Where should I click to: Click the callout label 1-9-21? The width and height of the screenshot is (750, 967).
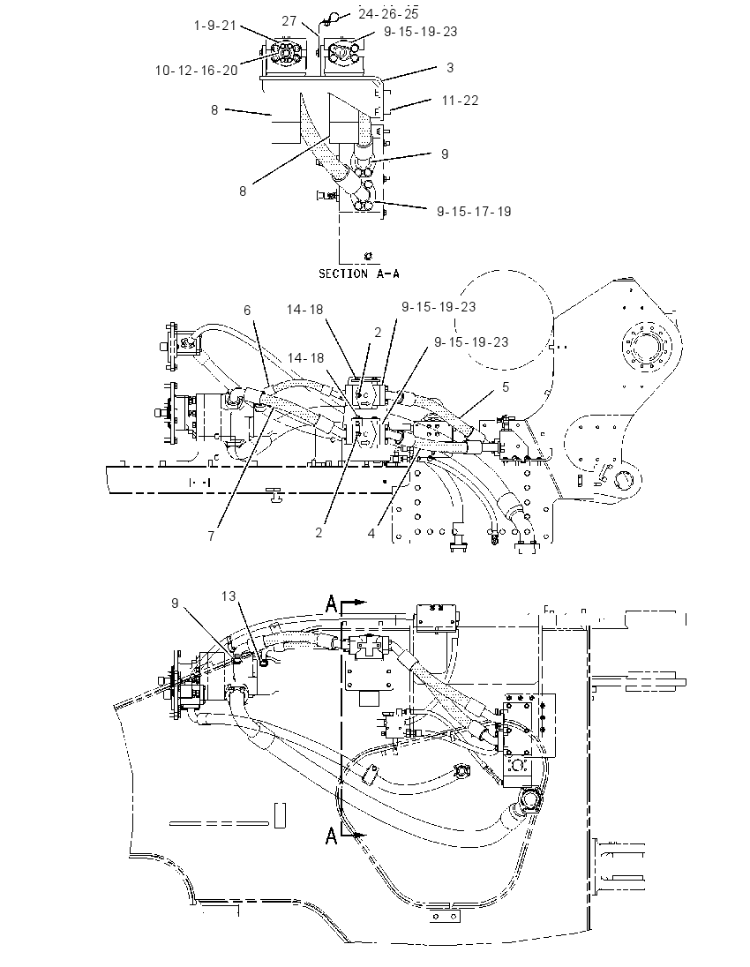pos(215,26)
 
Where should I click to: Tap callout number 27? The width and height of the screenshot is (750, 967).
pos(290,21)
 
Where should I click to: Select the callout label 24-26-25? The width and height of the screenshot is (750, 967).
pos(388,13)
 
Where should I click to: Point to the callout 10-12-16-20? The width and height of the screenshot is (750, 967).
pos(196,71)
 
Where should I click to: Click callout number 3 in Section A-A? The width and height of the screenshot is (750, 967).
pos(450,67)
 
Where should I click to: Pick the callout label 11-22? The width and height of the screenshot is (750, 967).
pos(460,100)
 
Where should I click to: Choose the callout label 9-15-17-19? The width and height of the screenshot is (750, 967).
pos(475,212)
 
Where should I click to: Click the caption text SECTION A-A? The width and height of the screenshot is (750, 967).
pos(358,274)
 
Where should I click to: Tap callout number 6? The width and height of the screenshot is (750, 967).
pos(247,311)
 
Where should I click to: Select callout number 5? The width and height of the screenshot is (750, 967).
pos(506,386)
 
